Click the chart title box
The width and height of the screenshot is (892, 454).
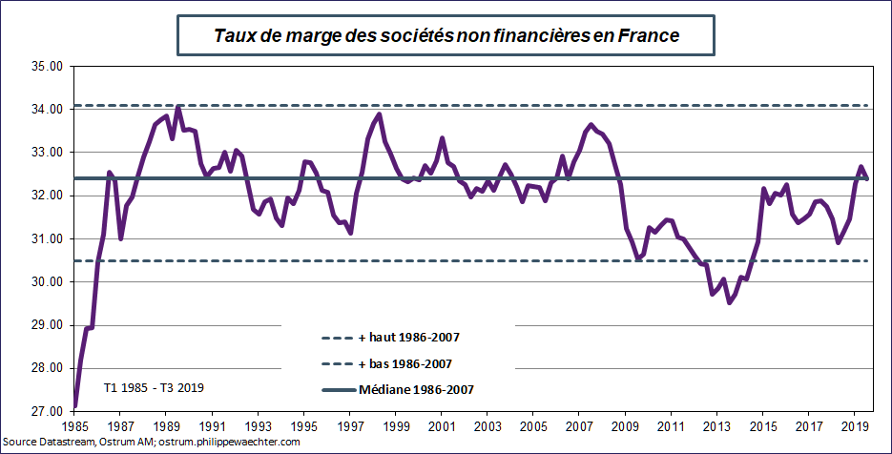point(446,36)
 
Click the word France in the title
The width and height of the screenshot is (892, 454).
point(648,36)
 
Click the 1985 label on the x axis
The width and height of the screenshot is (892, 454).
point(74,425)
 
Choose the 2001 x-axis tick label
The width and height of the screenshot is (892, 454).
point(442,425)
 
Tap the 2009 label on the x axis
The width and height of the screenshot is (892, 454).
point(625,425)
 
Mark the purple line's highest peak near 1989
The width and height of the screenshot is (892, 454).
point(178,107)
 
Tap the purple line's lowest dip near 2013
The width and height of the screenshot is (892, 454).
point(730,302)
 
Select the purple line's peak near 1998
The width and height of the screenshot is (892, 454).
point(380,114)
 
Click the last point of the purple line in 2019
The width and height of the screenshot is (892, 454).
point(866,178)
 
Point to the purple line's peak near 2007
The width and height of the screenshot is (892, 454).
point(591,125)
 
